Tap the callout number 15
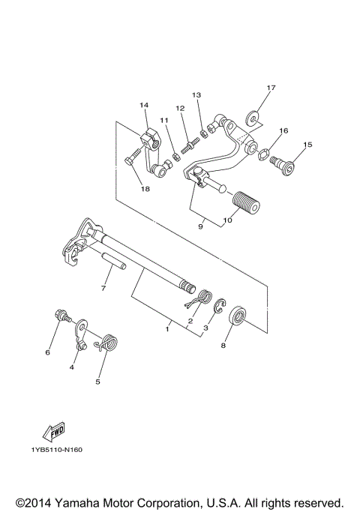(307, 144)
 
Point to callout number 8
(222, 346)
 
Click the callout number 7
(104, 288)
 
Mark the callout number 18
(145, 189)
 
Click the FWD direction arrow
(55, 431)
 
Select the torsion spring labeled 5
(109, 342)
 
